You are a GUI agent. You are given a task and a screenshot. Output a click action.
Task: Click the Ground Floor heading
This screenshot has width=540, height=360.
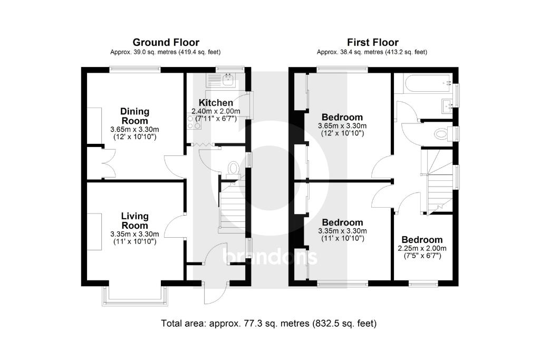point(166,42)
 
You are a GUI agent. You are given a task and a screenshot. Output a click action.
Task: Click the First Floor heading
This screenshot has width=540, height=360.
point(372,42)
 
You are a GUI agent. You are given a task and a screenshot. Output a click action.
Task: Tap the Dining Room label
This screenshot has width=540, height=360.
point(134,116)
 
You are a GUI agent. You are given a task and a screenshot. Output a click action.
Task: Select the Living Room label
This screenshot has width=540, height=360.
point(134,221)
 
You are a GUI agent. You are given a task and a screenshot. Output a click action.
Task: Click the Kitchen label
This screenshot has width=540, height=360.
point(216,102)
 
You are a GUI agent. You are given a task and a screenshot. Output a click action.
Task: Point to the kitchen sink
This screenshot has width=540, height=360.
point(228,80)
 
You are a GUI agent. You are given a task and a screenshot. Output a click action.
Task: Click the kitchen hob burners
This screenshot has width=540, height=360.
point(190,121)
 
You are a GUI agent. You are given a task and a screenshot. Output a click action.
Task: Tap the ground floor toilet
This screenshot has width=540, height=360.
point(233,168)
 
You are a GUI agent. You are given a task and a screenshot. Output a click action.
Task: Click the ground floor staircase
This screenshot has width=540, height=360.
point(232,206)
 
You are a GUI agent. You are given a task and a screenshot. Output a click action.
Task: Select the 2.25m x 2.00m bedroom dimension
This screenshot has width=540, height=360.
point(421,249)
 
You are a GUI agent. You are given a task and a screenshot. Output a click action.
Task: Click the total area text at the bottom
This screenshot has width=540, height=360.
point(269,323)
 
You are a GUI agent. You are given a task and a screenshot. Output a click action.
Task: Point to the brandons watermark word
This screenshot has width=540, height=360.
point(270,257)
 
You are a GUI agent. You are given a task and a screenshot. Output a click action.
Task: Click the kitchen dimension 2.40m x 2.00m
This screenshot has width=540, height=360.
point(216,111)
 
